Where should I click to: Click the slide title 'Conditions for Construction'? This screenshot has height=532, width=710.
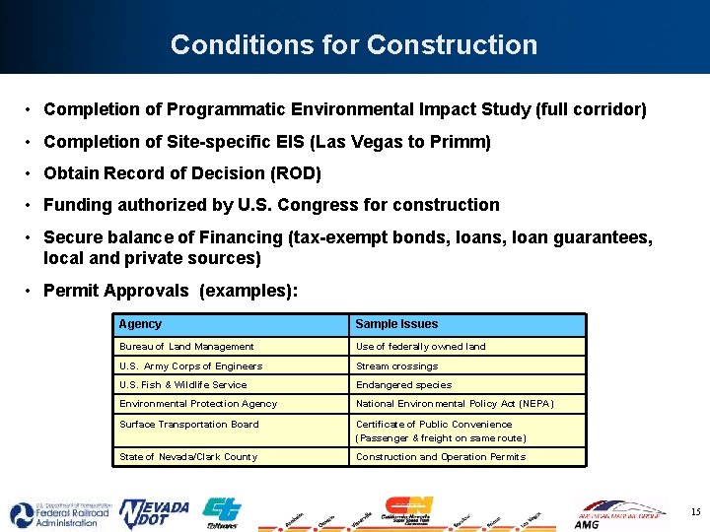pos(354,45)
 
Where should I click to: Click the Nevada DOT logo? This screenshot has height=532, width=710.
pos(154,513)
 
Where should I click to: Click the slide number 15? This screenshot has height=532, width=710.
pos(695,511)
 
